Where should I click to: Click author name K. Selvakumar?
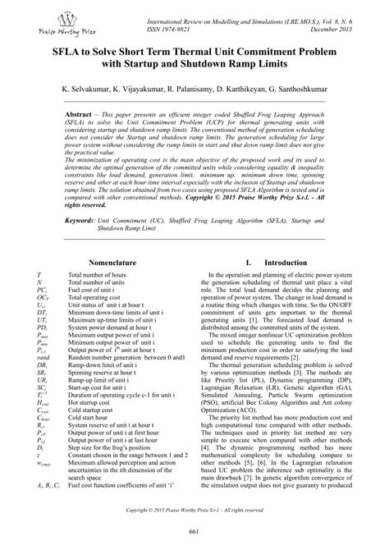click(88, 86)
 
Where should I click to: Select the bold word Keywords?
click(86, 221)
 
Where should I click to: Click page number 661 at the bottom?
click(194, 534)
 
